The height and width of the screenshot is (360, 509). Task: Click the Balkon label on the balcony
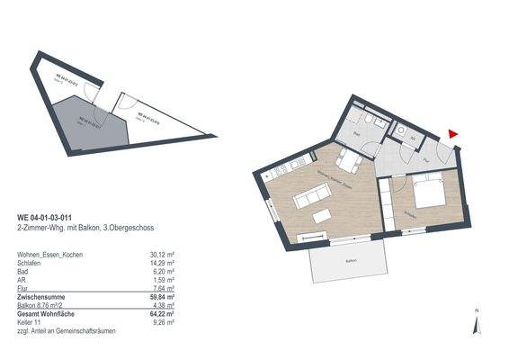[x=348, y=261]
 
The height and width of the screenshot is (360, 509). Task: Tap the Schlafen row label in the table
[x=33, y=264]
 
